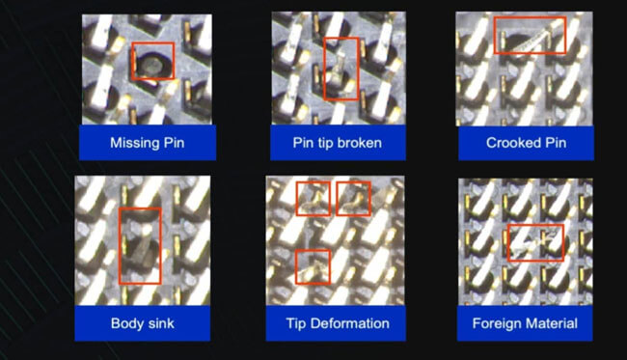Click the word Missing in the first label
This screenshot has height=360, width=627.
(x=135, y=143)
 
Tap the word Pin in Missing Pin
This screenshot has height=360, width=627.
(x=175, y=143)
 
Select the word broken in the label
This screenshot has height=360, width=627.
(x=361, y=143)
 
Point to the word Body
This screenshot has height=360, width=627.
(x=125, y=323)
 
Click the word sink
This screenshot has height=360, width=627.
(x=159, y=323)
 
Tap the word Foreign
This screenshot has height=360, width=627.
(x=497, y=323)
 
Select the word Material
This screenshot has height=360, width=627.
(x=552, y=323)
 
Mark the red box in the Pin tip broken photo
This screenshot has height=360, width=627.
(x=324, y=69)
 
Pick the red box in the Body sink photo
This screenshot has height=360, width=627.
(x=120, y=245)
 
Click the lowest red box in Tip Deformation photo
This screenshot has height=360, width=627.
(x=296, y=267)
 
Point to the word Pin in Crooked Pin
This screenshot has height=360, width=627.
(x=556, y=143)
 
